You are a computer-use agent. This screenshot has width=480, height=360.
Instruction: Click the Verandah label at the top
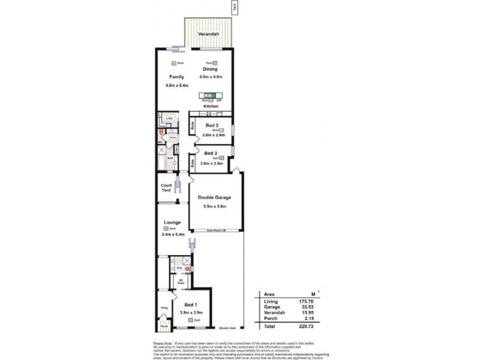(209, 34)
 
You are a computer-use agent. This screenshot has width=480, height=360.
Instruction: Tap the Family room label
(176, 77)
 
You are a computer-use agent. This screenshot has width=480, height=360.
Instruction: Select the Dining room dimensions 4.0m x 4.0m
(212, 77)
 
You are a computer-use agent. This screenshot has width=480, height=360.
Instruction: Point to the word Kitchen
(211, 106)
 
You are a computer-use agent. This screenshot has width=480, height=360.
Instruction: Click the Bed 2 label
(212, 125)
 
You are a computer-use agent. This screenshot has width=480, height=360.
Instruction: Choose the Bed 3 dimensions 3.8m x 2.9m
(212, 163)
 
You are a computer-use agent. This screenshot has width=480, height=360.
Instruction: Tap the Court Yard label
(166, 187)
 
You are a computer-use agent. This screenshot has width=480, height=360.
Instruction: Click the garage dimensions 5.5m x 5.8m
(215, 207)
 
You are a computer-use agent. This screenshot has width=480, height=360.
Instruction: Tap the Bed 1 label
(191, 305)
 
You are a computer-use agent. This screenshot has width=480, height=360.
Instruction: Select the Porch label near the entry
(164, 326)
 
